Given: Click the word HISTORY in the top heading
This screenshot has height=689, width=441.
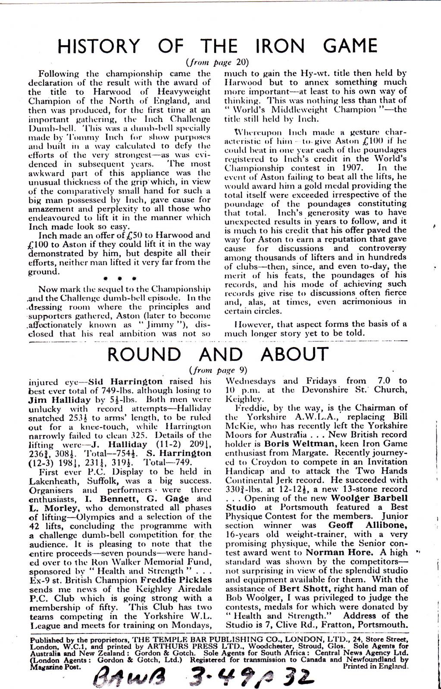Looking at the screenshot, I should tap(99, 46).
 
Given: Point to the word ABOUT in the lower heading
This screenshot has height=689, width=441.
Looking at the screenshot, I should tap(294, 354).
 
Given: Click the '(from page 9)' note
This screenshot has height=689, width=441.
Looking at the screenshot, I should tap(218, 369).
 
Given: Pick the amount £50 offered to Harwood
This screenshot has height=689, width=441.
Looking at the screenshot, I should tap(131, 235).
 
